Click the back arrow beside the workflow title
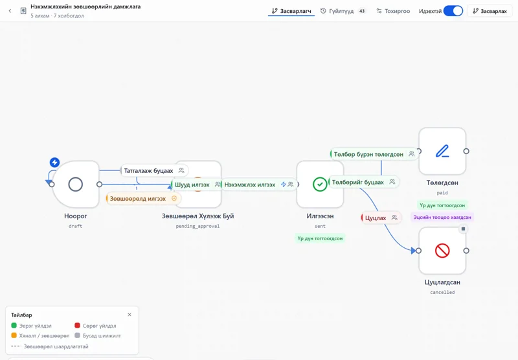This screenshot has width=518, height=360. pos(10,11)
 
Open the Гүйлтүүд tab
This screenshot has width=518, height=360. pos(337,11)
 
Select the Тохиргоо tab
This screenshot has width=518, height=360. pos(393,11)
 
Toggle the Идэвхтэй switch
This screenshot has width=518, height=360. pos(453,11)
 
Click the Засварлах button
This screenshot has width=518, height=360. pos(490,11)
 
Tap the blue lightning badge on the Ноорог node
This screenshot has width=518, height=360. pos(54,162)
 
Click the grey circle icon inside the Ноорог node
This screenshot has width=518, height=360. pos(75,185)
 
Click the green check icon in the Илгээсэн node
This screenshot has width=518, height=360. pos(320,185)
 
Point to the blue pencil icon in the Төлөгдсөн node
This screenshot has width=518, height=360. pos(442,151)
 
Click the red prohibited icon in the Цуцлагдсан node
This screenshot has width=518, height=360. pos(442,251)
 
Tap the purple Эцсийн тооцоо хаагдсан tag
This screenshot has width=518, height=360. pos(442,218)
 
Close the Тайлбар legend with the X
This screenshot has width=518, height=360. pos(129,315)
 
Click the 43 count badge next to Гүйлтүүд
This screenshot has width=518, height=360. pos(362,11)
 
